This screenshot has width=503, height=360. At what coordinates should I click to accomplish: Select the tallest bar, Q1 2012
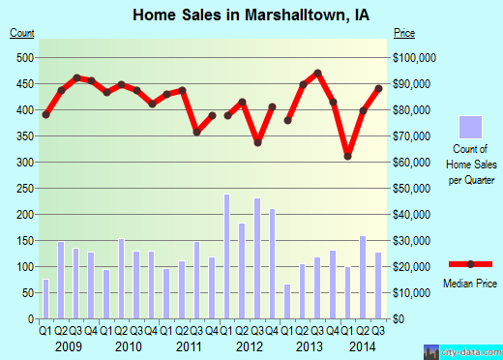click(x=227, y=256)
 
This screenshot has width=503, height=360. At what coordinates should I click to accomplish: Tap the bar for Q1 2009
click(x=45, y=298)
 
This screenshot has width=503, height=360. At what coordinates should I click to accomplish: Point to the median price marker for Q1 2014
click(x=348, y=156)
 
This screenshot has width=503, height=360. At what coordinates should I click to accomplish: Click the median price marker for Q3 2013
click(x=318, y=74)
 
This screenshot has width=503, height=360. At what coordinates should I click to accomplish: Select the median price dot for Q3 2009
click(x=76, y=77)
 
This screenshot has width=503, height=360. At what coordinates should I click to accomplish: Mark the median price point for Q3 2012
click(x=258, y=142)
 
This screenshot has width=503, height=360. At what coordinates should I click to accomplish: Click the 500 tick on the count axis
click(x=22, y=57)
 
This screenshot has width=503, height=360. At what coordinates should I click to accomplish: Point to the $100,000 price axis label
click(x=416, y=57)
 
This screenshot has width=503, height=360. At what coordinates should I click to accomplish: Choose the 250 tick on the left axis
click(x=22, y=188)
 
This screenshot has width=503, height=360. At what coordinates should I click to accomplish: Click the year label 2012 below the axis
click(x=250, y=345)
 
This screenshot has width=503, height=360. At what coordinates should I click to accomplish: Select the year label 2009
click(x=69, y=345)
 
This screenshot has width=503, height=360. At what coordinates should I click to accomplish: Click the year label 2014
click(x=363, y=345)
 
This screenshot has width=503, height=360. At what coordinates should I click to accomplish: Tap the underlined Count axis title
click(x=21, y=33)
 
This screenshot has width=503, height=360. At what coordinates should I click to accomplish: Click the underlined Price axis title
click(x=404, y=33)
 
